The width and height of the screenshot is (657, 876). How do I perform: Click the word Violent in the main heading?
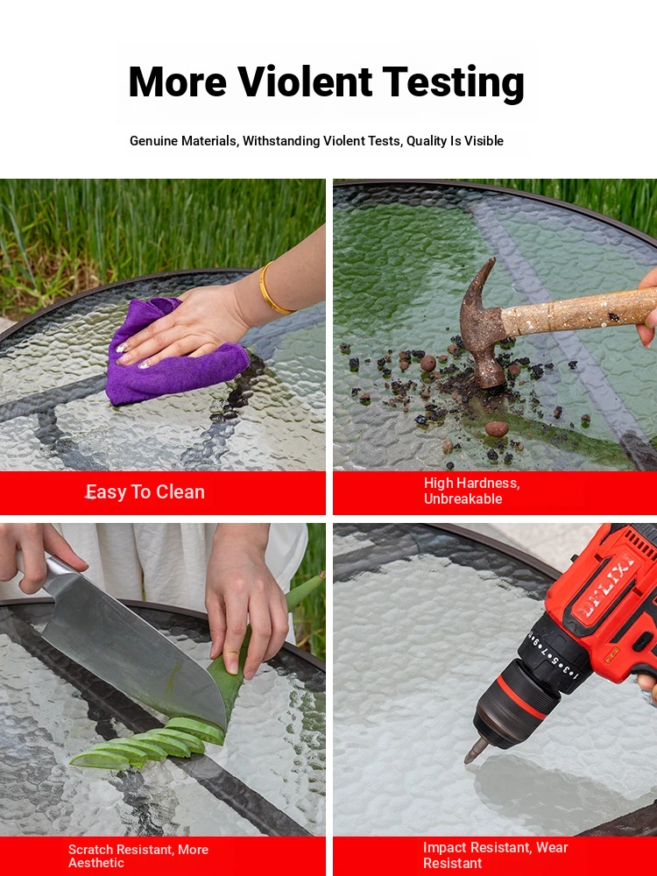click(306, 81)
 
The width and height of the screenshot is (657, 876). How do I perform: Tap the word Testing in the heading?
click(454, 83)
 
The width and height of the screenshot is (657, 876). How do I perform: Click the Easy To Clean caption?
click(145, 492)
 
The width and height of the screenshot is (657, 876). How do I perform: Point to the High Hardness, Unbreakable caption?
click(472, 491)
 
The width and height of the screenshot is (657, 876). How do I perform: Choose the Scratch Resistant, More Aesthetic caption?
click(138, 856)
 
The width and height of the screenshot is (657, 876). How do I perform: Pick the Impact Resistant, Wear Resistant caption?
click(496, 855)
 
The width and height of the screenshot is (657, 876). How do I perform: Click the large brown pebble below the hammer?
click(497, 429)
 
